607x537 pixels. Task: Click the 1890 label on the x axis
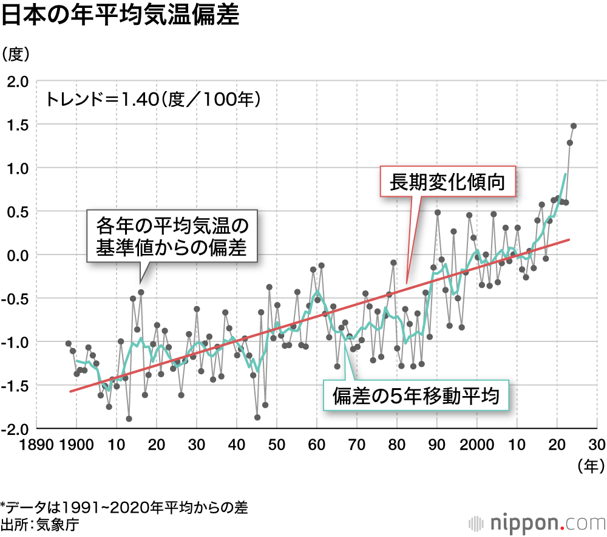coord(36,444)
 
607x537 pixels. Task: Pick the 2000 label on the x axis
coord(476,444)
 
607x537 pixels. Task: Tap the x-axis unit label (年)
coord(589,467)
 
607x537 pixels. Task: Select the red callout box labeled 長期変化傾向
coord(447,181)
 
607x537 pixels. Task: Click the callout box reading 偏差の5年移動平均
coord(416,397)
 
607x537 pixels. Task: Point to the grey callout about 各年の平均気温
coord(172,236)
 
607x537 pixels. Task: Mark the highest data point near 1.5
coord(574,126)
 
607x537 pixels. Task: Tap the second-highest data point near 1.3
coord(570,143)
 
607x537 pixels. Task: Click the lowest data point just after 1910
coord(129,419)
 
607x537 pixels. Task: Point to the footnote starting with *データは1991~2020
coord(124,507)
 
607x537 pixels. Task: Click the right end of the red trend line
coord(569,240)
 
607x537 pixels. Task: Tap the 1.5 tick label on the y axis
coord(18,125)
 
